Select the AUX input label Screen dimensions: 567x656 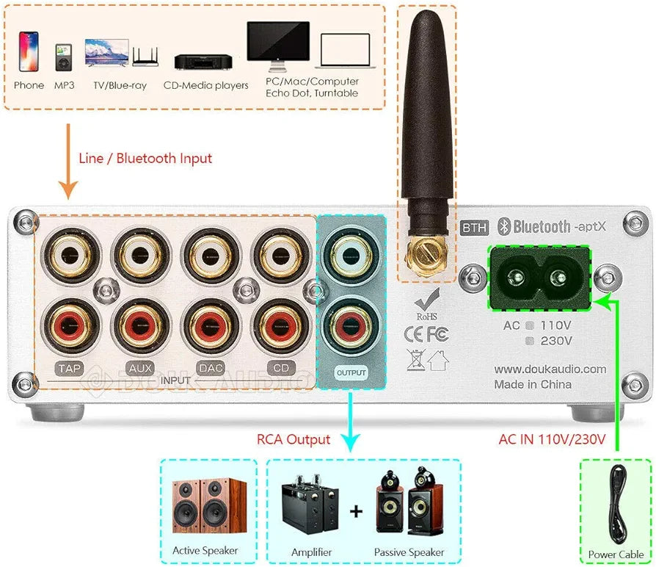coord(136,368)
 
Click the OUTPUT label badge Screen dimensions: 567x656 coord(351,373)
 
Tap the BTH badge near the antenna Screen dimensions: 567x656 coord(474,228)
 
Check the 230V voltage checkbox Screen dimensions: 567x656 coord(530,341)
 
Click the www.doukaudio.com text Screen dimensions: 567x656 coord(550,369)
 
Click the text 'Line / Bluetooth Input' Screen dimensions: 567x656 coord(145,158)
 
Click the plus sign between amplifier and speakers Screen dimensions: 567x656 coord(356,511)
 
